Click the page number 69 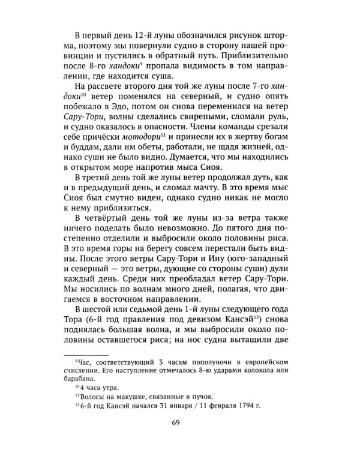tap(180, 426)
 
